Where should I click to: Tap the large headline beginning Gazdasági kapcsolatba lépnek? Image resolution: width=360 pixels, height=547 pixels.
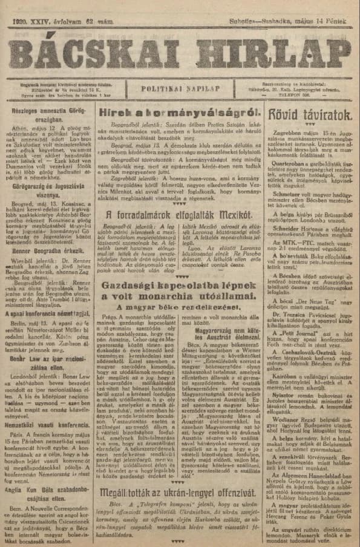[x=180, y=290]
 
